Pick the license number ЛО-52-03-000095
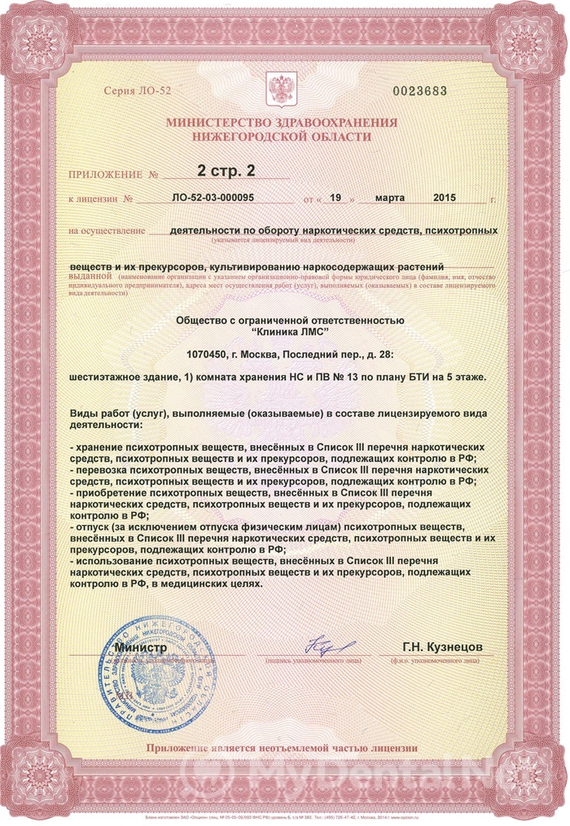[214, 198]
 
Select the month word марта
[390, 198]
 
